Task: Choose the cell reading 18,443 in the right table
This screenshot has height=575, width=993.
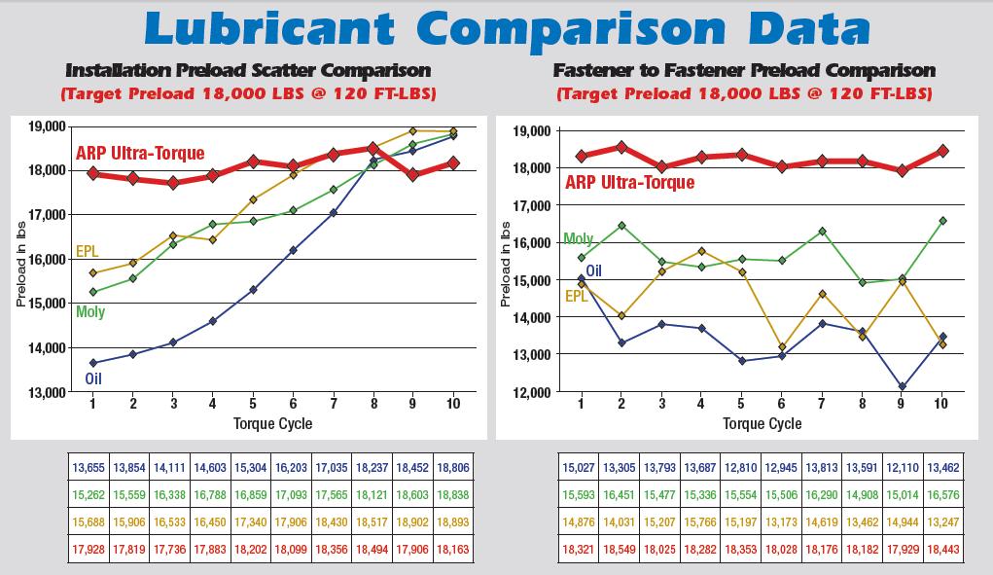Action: (942, 549)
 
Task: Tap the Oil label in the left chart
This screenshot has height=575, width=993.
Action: (94, 379)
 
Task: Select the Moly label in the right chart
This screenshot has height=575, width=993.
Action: (579, 239)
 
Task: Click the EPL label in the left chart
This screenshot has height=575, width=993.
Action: (87, 252)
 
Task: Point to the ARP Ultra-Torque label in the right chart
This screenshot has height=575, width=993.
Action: (629, 183)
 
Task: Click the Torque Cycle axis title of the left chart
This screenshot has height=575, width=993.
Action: (273, 423)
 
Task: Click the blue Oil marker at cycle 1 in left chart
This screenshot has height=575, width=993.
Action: (93, 363)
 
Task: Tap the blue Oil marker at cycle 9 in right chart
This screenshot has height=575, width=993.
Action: (902, 387)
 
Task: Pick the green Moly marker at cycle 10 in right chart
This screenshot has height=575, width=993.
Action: (942, 221)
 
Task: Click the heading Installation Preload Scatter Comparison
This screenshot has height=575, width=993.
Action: (248, 71)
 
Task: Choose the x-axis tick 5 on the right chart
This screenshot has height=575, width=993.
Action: (741, 403)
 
